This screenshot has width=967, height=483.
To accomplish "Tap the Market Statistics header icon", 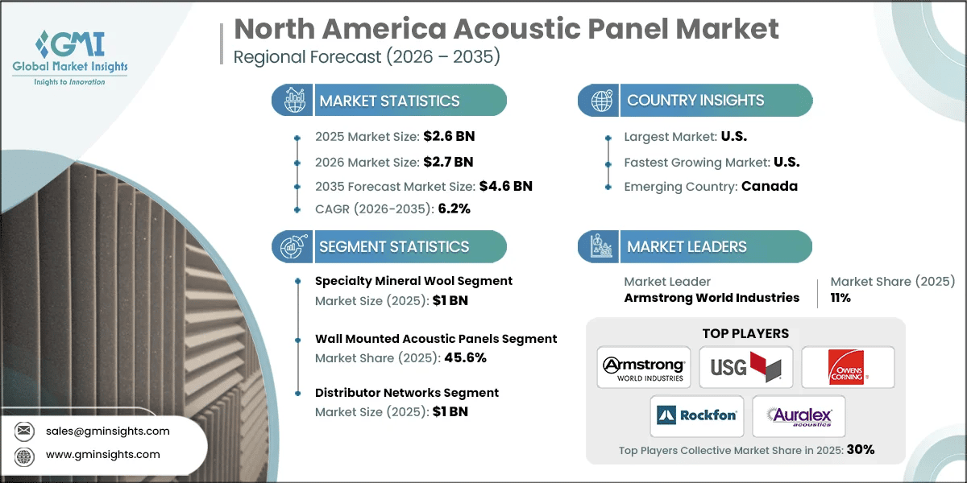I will point(293,101).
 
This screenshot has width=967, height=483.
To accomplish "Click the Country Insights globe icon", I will point(600,101).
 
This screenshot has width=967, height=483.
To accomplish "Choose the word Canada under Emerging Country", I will point(770,186).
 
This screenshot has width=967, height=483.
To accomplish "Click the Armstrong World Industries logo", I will point(643,369).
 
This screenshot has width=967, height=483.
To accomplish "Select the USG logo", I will point(745,369).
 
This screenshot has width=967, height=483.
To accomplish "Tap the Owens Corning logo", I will point(848,369).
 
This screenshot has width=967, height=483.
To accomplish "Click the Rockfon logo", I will point(695,416).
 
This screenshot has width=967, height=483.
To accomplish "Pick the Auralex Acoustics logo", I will point(798,416).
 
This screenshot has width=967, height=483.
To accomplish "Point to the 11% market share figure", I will point(840,298).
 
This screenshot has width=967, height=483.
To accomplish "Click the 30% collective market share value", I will point(860,450).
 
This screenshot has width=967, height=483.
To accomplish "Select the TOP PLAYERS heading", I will point(745,333).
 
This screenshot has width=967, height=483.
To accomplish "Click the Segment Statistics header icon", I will point(293,246).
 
